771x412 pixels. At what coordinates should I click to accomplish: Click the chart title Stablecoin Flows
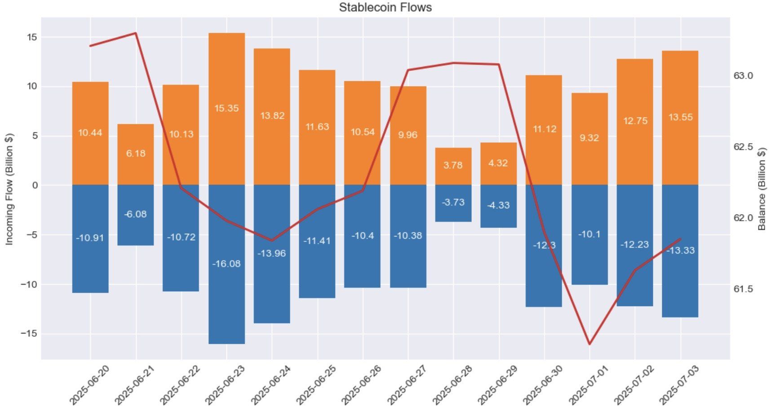385,7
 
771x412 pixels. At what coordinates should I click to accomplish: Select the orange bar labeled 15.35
226,109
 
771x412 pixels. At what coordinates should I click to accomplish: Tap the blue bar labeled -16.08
226,264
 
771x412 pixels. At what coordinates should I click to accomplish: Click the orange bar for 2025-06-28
453,166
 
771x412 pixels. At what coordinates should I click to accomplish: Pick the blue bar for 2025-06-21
136,215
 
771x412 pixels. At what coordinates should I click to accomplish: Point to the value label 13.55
680,117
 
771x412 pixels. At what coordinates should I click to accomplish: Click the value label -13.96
271,253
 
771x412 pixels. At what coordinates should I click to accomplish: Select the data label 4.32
498,163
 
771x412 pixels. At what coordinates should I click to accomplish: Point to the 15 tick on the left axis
32,37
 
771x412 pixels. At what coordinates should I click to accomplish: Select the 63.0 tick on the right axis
743,76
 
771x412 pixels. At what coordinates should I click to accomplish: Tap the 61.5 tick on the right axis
743,289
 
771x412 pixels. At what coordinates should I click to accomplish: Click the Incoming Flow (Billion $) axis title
9,189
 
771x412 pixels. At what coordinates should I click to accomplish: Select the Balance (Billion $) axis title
762,189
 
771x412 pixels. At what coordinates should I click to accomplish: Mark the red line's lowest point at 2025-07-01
589,344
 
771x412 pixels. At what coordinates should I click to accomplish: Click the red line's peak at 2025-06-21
136,33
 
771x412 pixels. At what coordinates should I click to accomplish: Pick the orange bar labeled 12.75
634,122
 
